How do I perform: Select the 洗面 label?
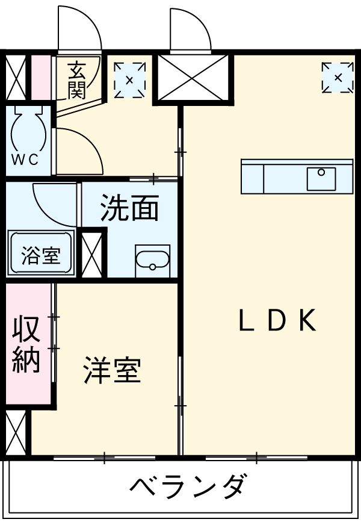click(x=129, y=209)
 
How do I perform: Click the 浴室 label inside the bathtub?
click(x=41, y=255)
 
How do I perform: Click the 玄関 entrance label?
click(x=76, y=80)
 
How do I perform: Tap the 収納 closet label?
click(x=26, y=343)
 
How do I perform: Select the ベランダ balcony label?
click(x=187, y=485)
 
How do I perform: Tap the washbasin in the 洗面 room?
click(x=152, y=261)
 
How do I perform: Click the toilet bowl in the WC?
click(x=28, y=126)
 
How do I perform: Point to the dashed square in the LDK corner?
click(x=338, y=78)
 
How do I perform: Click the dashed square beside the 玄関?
click(x=130, y=79)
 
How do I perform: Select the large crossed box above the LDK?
click(x=193, y=77)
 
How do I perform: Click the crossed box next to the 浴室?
click(x=93, y=253)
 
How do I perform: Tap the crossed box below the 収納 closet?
click(x=14, y=433)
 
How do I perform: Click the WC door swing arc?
click(x=81, y=151)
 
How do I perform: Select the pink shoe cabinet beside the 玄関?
click(x=40, y=78)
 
